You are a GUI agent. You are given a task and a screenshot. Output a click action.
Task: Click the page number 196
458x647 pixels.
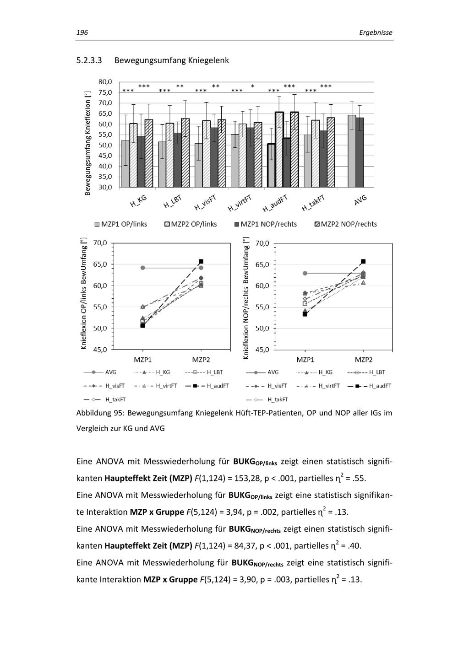coord(82,32)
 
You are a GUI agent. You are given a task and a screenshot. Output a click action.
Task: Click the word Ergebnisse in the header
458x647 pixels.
coord(376,32)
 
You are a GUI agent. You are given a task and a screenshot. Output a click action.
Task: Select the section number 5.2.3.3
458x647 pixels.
coord(89,60)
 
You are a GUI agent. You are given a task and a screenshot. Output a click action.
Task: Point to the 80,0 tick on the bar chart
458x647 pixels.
coord(105,82)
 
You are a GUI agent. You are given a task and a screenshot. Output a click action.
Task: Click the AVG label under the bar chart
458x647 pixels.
coord(360,199)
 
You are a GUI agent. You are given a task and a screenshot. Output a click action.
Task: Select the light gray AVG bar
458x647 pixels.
coord(352,151)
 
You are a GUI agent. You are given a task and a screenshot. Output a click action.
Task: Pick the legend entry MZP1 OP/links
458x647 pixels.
coord(121,224)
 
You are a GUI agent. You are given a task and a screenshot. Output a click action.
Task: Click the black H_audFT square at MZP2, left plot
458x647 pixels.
coord(201,261)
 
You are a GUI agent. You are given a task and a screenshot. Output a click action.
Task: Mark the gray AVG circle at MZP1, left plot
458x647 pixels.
coord(142,268)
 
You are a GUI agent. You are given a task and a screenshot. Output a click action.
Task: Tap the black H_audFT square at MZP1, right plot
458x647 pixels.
coord(305,314)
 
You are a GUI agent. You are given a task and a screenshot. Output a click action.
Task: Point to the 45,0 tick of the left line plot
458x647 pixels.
coord(99,350)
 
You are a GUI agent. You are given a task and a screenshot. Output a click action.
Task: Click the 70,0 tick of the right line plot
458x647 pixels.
coord(263,243)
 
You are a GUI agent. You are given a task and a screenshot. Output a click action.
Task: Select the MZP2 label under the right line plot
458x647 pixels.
coord(364,360)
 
